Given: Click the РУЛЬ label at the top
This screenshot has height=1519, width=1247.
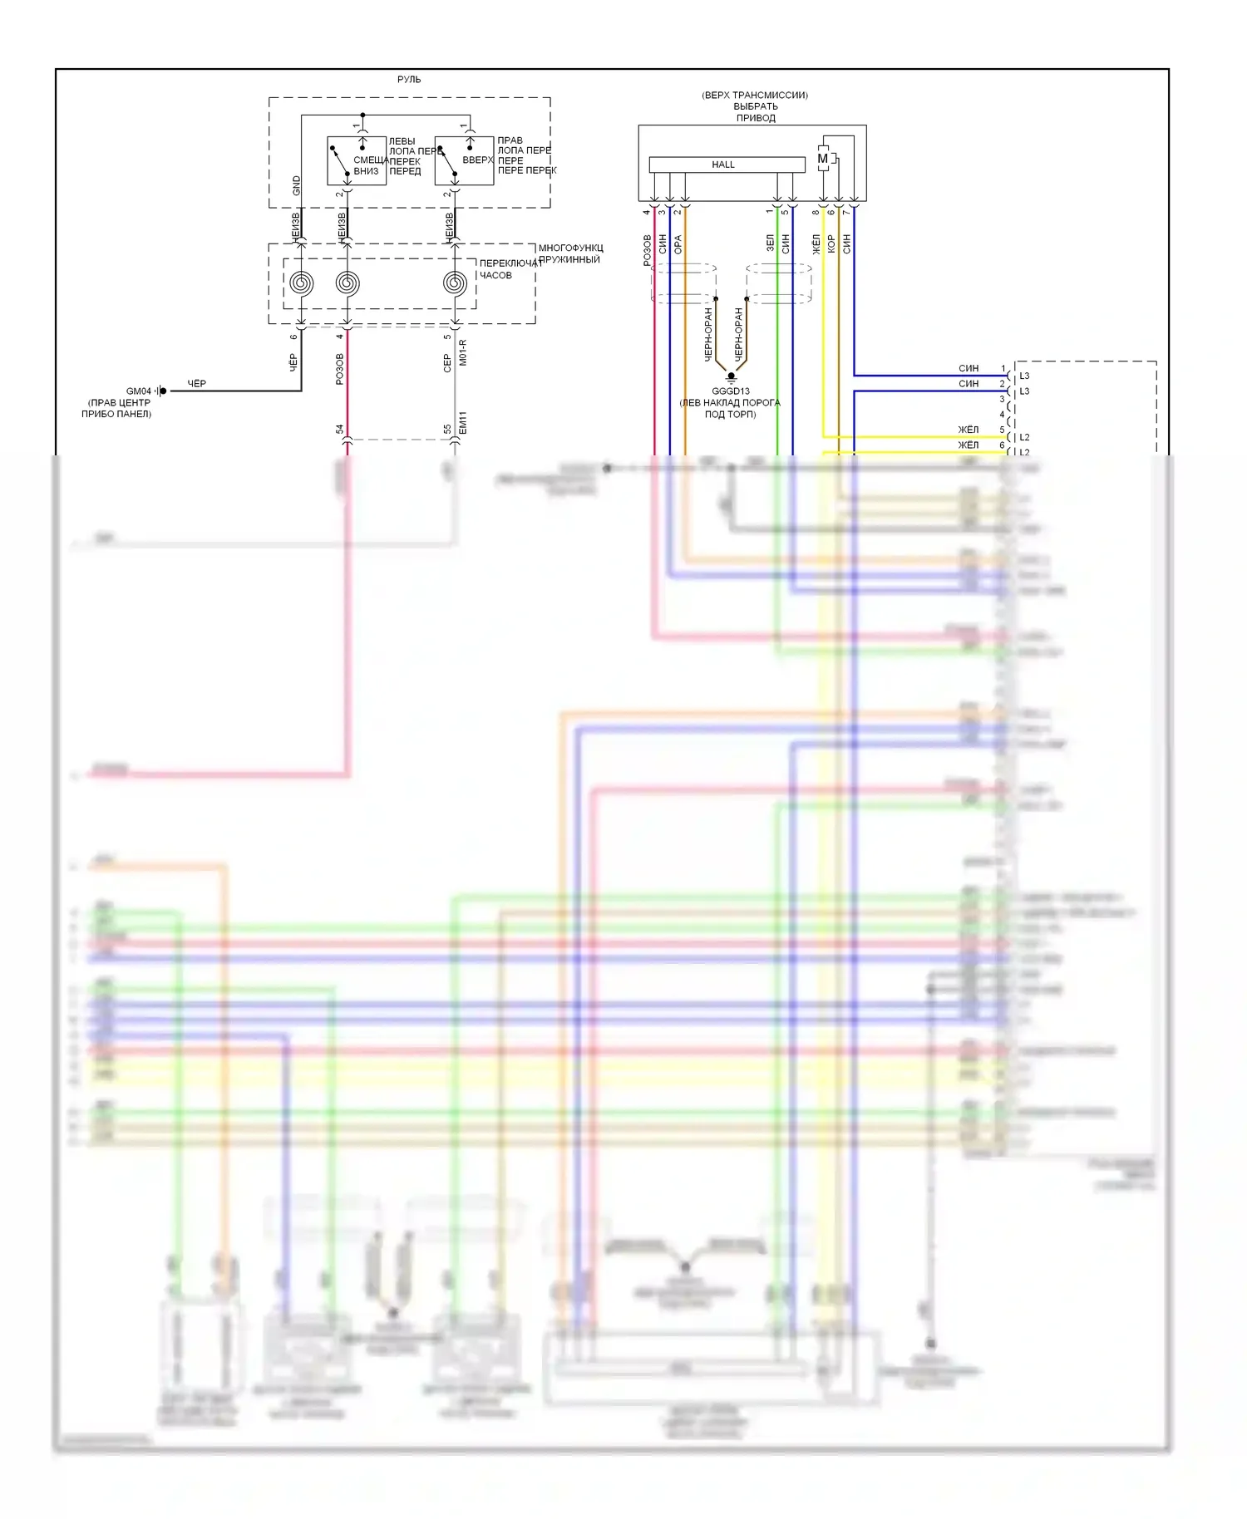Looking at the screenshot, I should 409,80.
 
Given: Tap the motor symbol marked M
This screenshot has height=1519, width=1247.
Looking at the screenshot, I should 823,159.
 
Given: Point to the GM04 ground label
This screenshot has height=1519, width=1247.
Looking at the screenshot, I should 139,391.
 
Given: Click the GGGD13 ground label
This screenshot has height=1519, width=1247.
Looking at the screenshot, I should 731,391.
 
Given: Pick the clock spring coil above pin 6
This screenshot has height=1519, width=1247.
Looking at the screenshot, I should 302,283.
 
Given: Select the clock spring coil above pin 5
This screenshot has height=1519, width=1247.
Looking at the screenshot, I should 455,283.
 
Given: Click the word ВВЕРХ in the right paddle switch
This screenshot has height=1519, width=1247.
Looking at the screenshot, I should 478,160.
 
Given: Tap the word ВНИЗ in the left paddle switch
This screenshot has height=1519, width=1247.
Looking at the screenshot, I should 366,171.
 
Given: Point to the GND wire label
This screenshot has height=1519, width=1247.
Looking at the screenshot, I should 297,185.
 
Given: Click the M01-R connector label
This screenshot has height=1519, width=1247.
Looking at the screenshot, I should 463,352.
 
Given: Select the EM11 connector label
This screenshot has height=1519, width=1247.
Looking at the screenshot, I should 463,423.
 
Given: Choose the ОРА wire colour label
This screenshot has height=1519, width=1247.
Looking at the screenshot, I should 678,244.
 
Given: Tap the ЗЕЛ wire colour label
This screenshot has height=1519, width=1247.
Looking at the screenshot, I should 771,243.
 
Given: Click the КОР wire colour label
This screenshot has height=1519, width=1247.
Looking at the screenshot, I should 831,243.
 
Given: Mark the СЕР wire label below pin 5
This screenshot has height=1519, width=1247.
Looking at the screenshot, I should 447,362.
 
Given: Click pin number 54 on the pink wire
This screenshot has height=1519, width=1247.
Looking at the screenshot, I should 340,430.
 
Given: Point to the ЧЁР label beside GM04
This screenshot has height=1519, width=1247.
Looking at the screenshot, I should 197,384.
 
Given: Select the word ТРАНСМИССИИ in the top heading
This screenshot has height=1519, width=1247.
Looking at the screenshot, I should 770,96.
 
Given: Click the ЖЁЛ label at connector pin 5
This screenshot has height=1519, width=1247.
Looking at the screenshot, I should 969,430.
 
